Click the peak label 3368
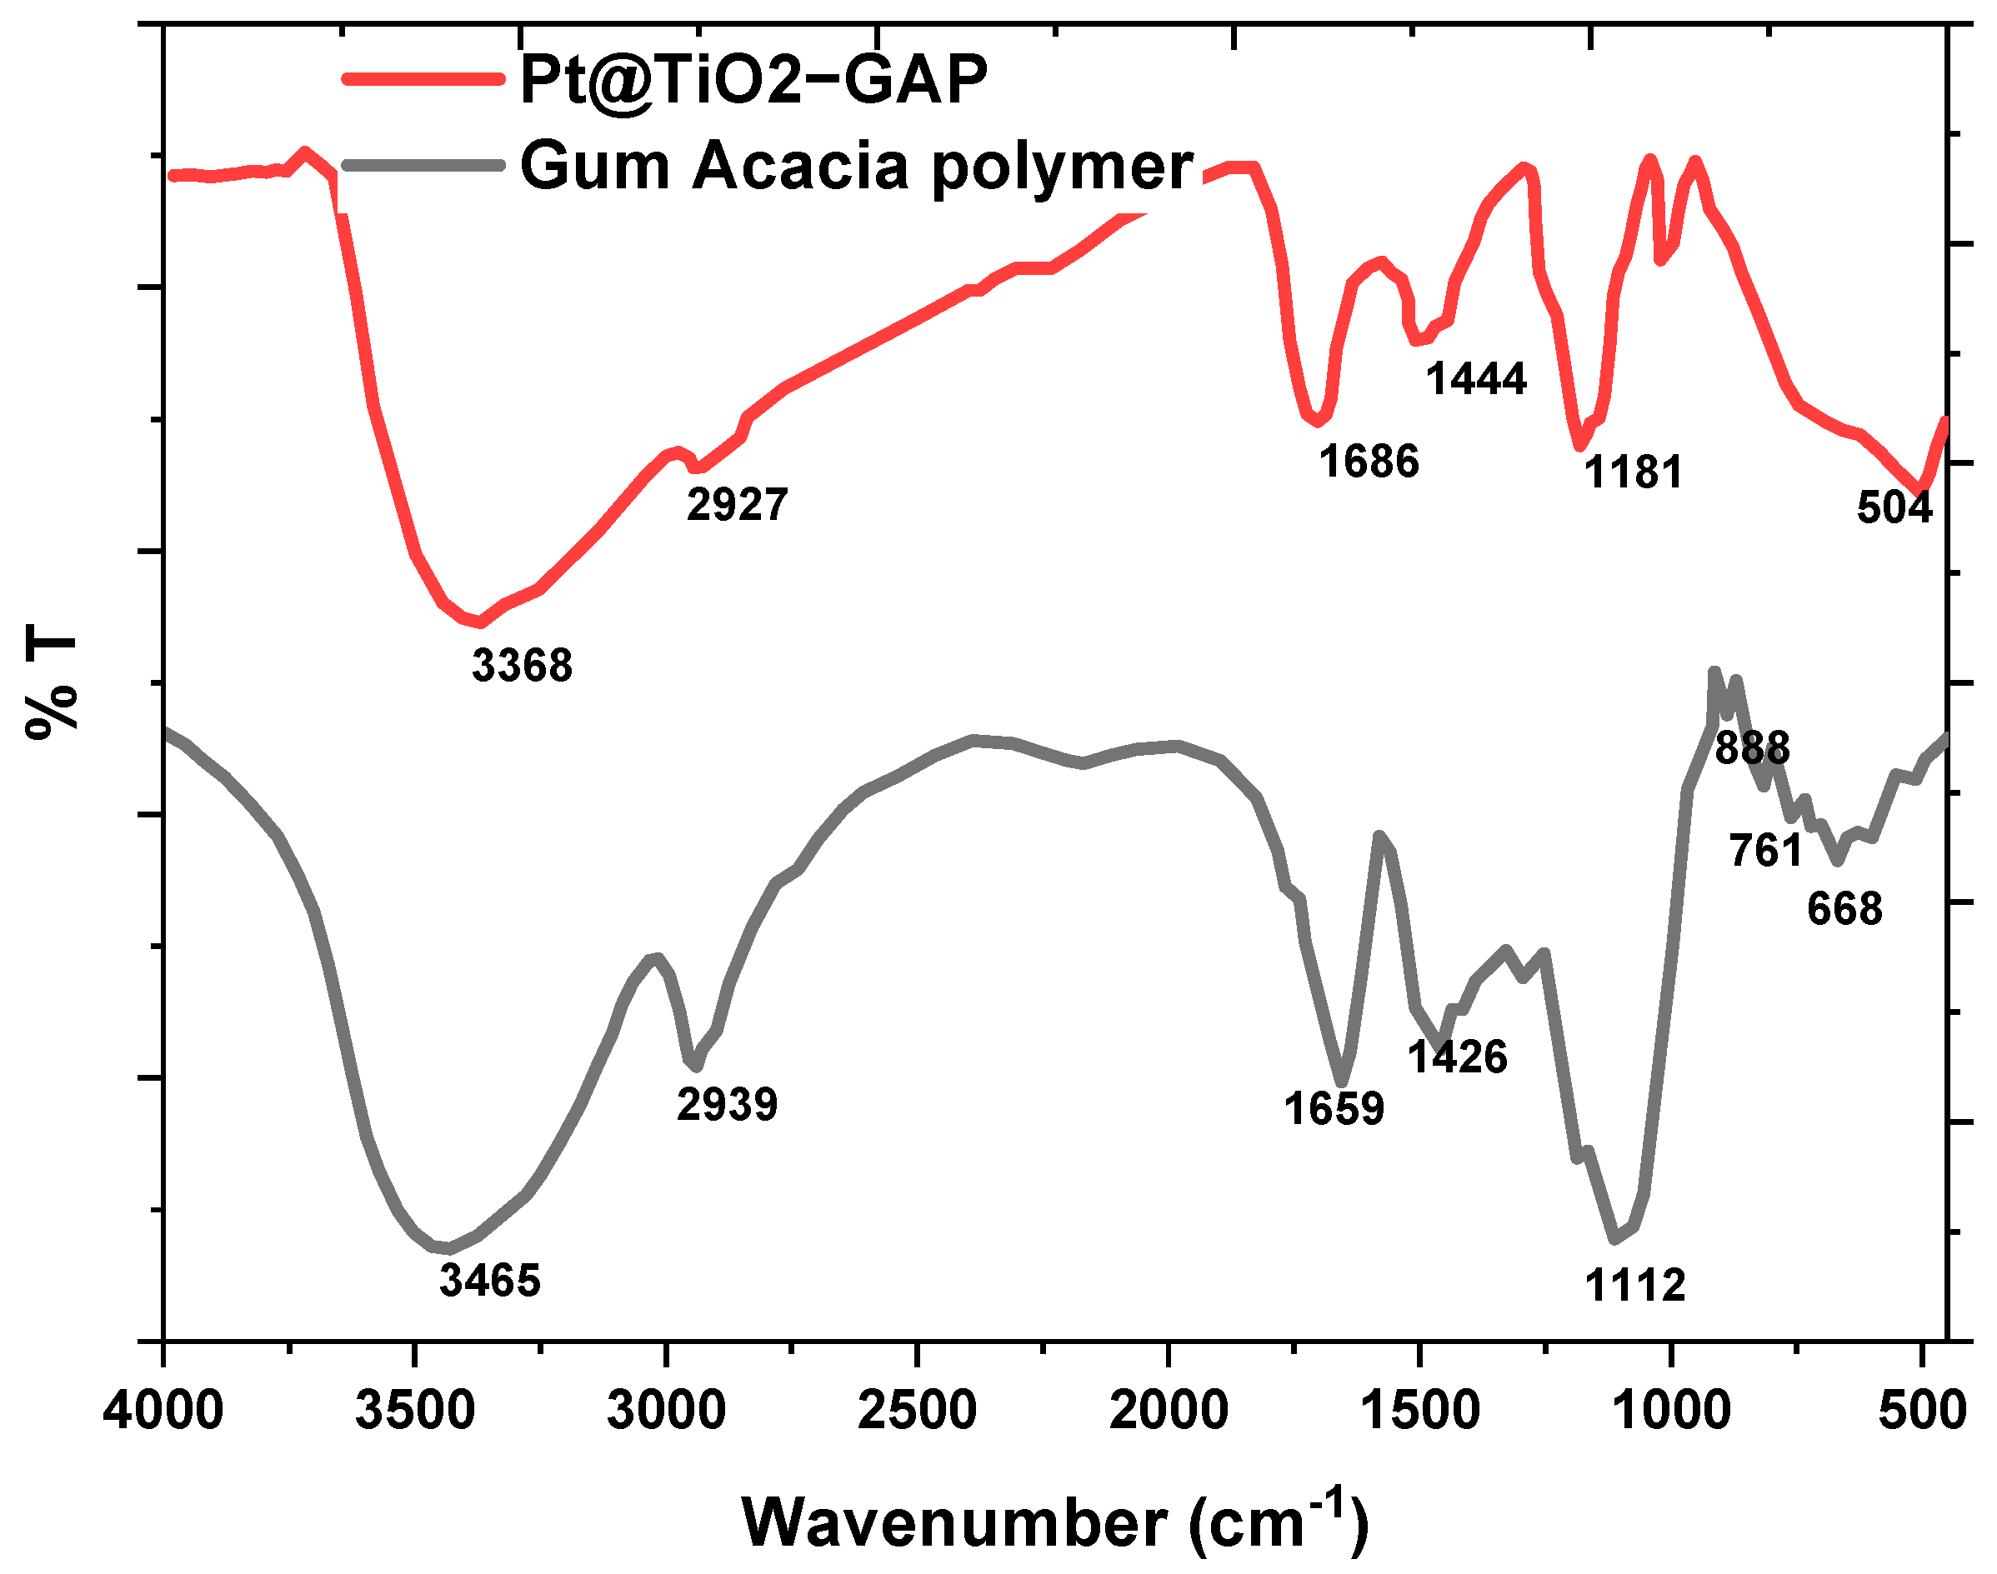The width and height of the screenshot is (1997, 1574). pos(522,666)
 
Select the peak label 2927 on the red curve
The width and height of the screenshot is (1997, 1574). pos(736,504)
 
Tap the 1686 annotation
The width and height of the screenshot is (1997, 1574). pos(1369,461)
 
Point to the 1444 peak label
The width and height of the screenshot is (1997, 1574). pos(1475,379)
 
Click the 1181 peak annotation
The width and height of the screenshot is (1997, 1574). pos(1632,472)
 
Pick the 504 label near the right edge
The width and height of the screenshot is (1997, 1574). pos(1894,507)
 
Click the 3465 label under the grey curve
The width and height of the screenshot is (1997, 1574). pos(489,1280)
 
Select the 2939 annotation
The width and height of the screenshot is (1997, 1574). pos(726,1104)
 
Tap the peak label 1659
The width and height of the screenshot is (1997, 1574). pos(1334,1108)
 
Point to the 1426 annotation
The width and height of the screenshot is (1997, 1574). pos(1456,1057)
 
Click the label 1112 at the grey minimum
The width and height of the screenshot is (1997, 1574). pos(1634,1286)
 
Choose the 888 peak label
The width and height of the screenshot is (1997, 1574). pos(1752,747)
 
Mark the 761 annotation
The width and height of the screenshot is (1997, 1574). pos(1764,850)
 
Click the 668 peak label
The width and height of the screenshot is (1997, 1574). pos(1844,910)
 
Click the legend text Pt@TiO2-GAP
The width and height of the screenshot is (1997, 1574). pos(753,80)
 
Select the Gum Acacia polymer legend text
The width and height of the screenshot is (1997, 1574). pos(856,167)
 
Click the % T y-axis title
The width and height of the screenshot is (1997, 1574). pos(52,681)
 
